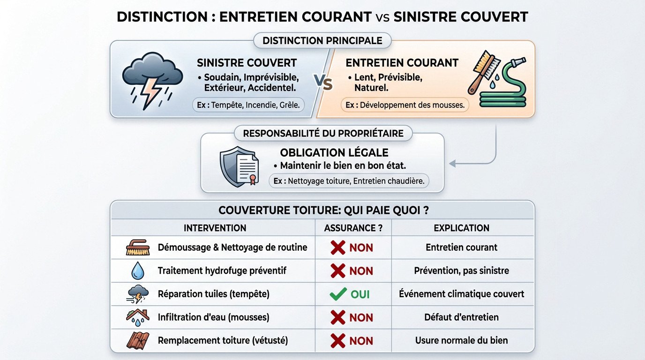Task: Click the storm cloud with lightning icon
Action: click(152, 82)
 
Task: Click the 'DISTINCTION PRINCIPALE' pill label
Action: click(322, 41)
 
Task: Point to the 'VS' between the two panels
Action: click(322, 83)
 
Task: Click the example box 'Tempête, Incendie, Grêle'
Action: click(248, 105)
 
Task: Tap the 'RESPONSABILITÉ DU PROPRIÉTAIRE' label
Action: click(323, 134)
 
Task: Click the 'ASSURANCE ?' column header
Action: click(353, 228)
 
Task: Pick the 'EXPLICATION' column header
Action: click(461, 228)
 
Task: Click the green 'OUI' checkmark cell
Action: click(350, 294)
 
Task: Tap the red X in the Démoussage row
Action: click(338, 247)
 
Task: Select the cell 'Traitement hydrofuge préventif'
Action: click(222, 271)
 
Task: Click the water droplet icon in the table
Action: click(138, 271)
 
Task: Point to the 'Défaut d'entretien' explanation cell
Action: click(461, 317)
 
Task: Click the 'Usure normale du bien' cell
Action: click(461, 340)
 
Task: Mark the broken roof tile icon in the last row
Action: click(138, 340)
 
